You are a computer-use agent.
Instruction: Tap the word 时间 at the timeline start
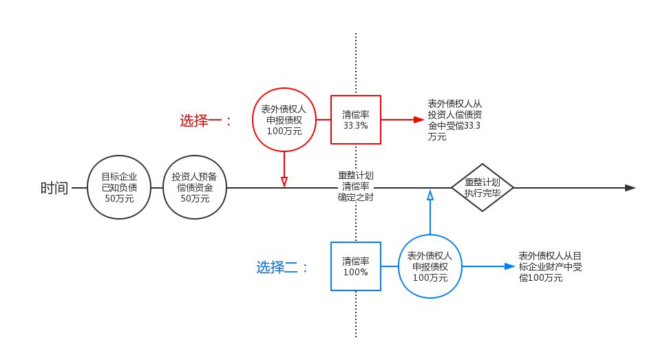click(x=54, y=188)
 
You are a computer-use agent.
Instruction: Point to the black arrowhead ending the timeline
click(x=631, y=188)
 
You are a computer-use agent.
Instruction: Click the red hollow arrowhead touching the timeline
click(x=284, y=182)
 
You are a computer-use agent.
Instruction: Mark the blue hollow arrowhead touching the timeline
click(x=430, y=194)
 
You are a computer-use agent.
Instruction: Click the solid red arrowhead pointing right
click(x=419, y=120)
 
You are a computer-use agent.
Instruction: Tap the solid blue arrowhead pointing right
click(x=510, y=266)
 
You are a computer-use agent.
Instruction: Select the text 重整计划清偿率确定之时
click(x=356, y=187)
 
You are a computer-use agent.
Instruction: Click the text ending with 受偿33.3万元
click(x=455, y=120)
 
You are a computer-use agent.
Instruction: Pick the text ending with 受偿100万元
click(x=550, y=267)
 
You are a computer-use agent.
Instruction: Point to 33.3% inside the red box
click(x=356, y=125)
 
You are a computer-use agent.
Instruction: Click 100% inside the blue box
click(x=356, y=272)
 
